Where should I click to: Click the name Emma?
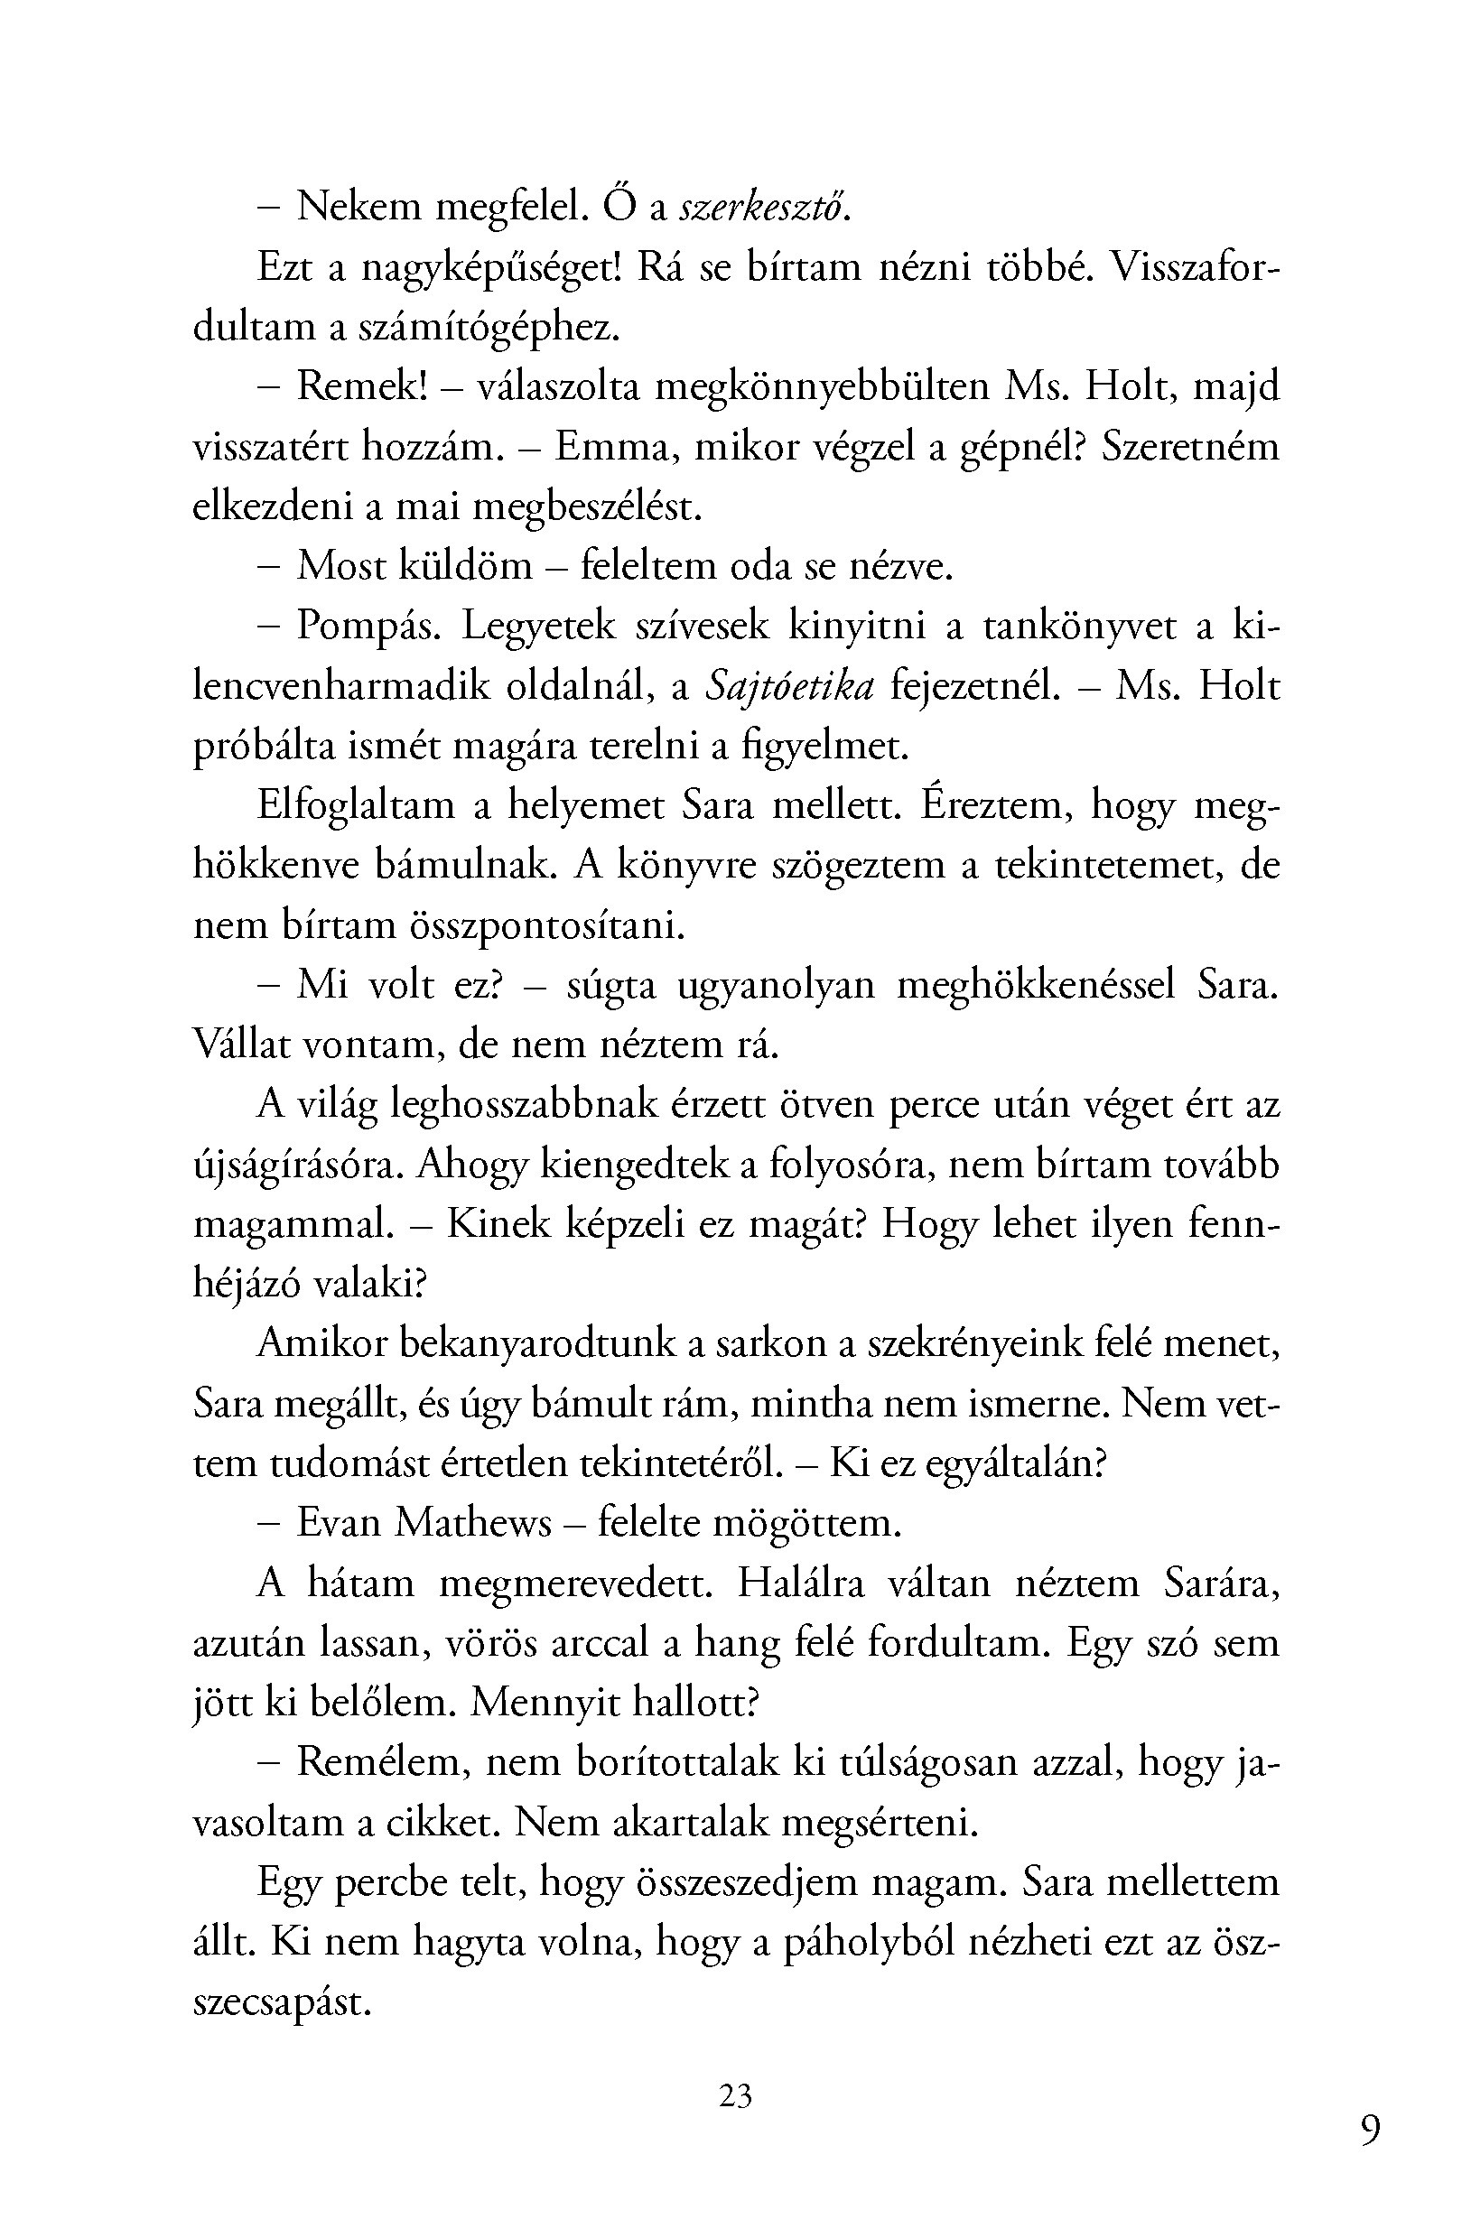(x=612, y=447)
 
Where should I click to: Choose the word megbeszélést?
(x=587, y=506)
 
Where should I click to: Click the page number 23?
(x=735, y=2095)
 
